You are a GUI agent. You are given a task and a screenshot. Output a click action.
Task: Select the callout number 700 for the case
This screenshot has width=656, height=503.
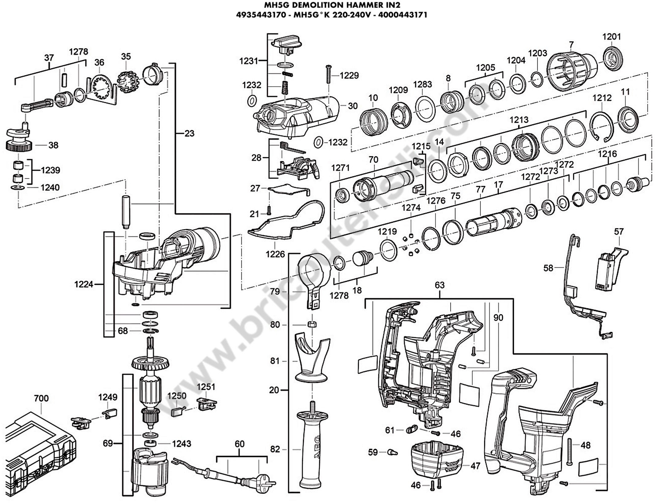pyautogui.click(x=41, y=398)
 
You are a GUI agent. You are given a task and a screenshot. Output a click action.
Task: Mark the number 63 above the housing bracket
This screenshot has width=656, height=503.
pyautogui.click(x=440, y=285)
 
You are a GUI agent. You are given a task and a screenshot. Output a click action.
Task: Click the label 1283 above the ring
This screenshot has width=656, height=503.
pyautogui.click(x=423, y=84)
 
